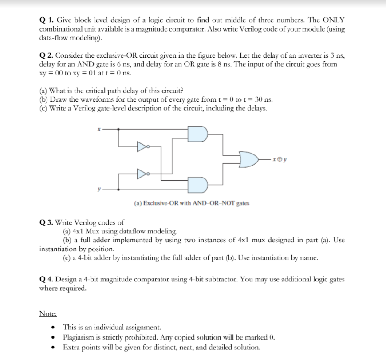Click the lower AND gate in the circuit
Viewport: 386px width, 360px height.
pos(197,184)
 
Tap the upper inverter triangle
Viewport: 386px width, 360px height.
pos(142,145)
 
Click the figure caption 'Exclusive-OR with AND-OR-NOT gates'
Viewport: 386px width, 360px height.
pos(191,203)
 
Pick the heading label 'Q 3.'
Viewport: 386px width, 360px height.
pos(47,222)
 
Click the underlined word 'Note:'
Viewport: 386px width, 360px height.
pos(48,313)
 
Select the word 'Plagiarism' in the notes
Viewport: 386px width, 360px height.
pos(81,336)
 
